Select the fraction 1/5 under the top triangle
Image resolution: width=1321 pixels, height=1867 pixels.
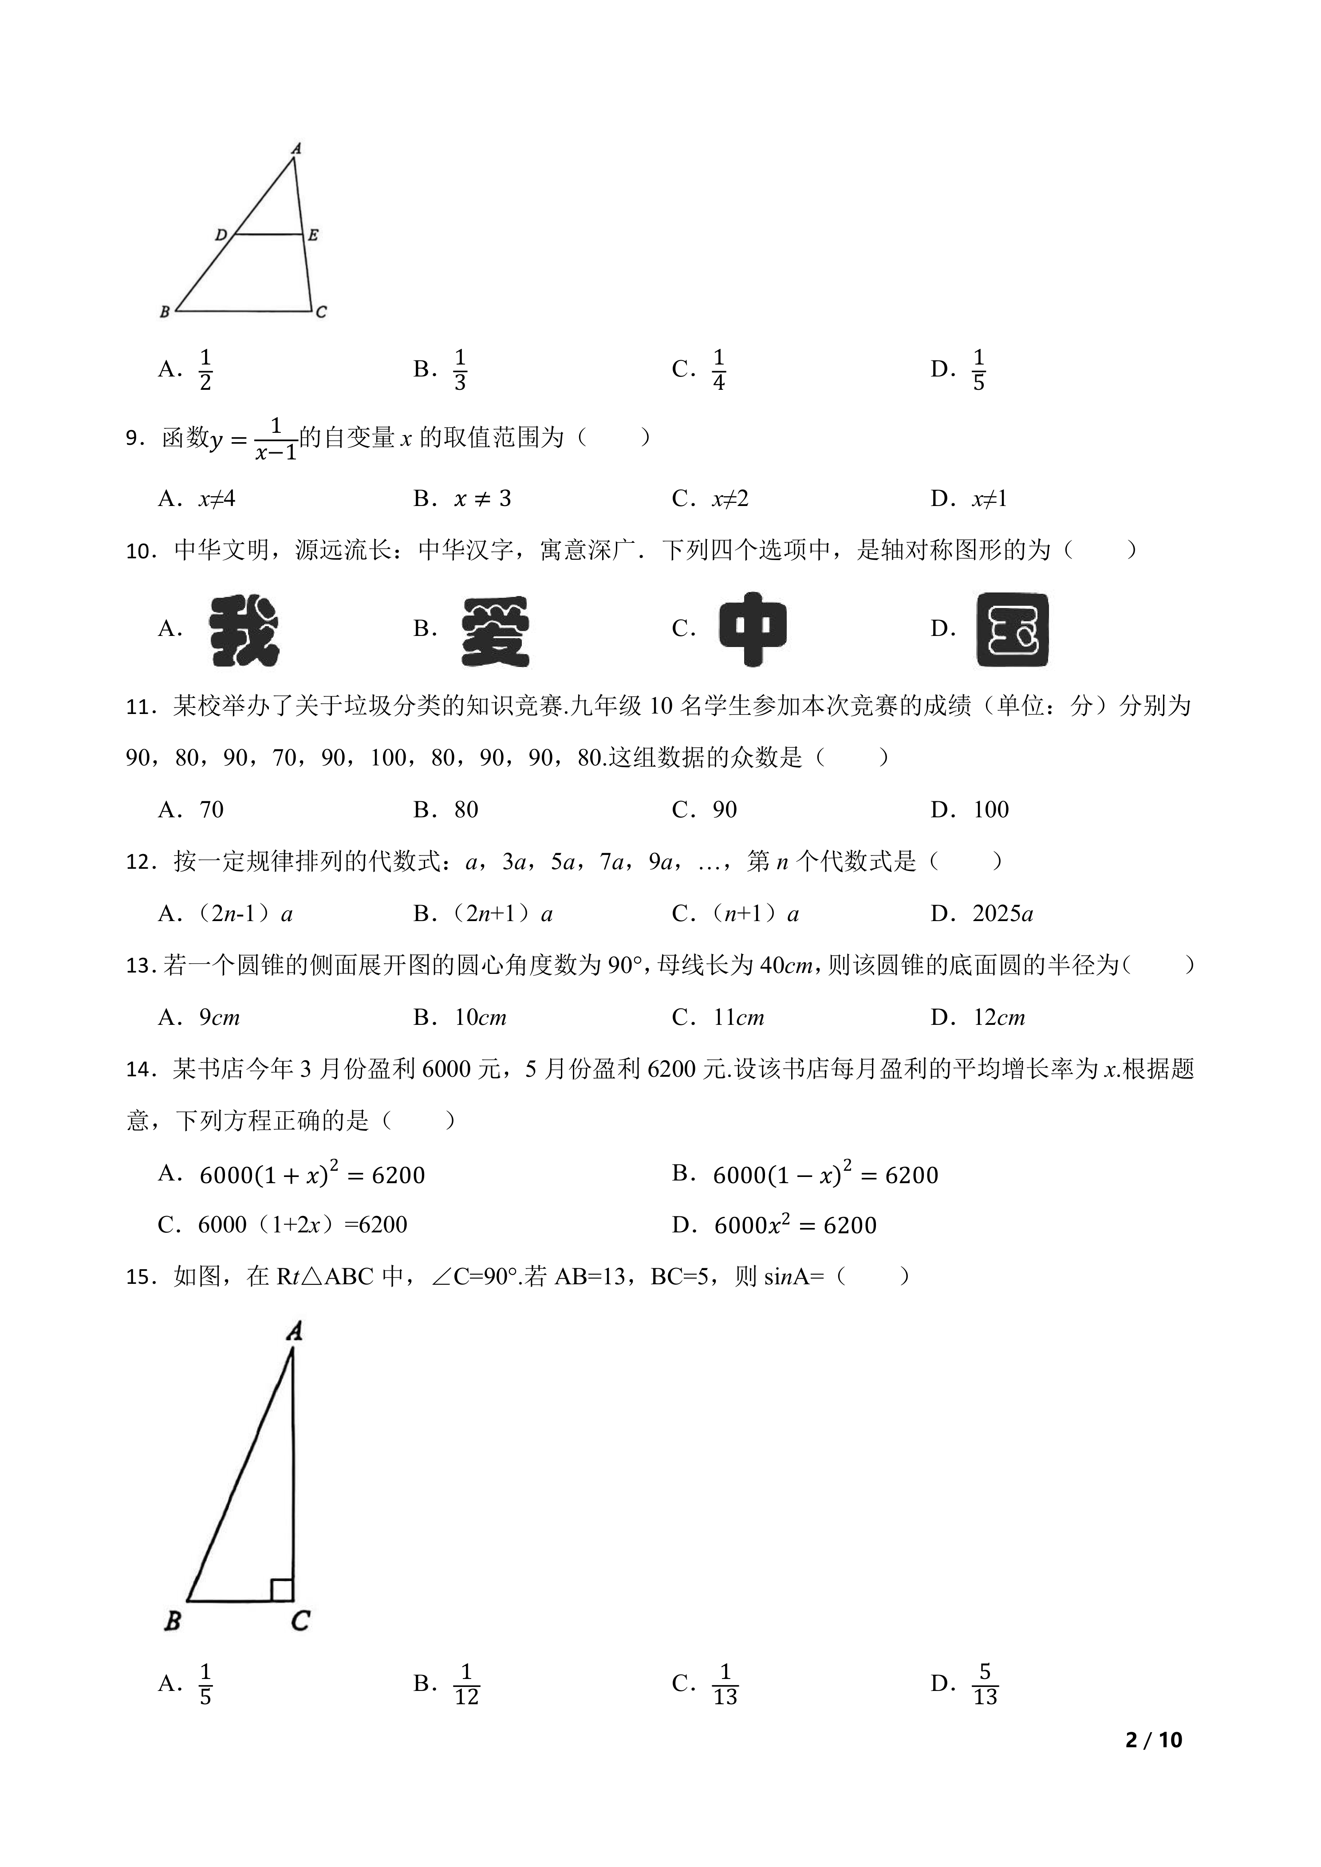978,370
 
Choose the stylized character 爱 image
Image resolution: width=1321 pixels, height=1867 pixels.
495,631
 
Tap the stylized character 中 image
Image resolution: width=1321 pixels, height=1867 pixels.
753,629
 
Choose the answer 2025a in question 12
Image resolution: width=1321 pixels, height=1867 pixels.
1003,914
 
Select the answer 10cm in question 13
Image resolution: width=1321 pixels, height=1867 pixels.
481,1017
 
